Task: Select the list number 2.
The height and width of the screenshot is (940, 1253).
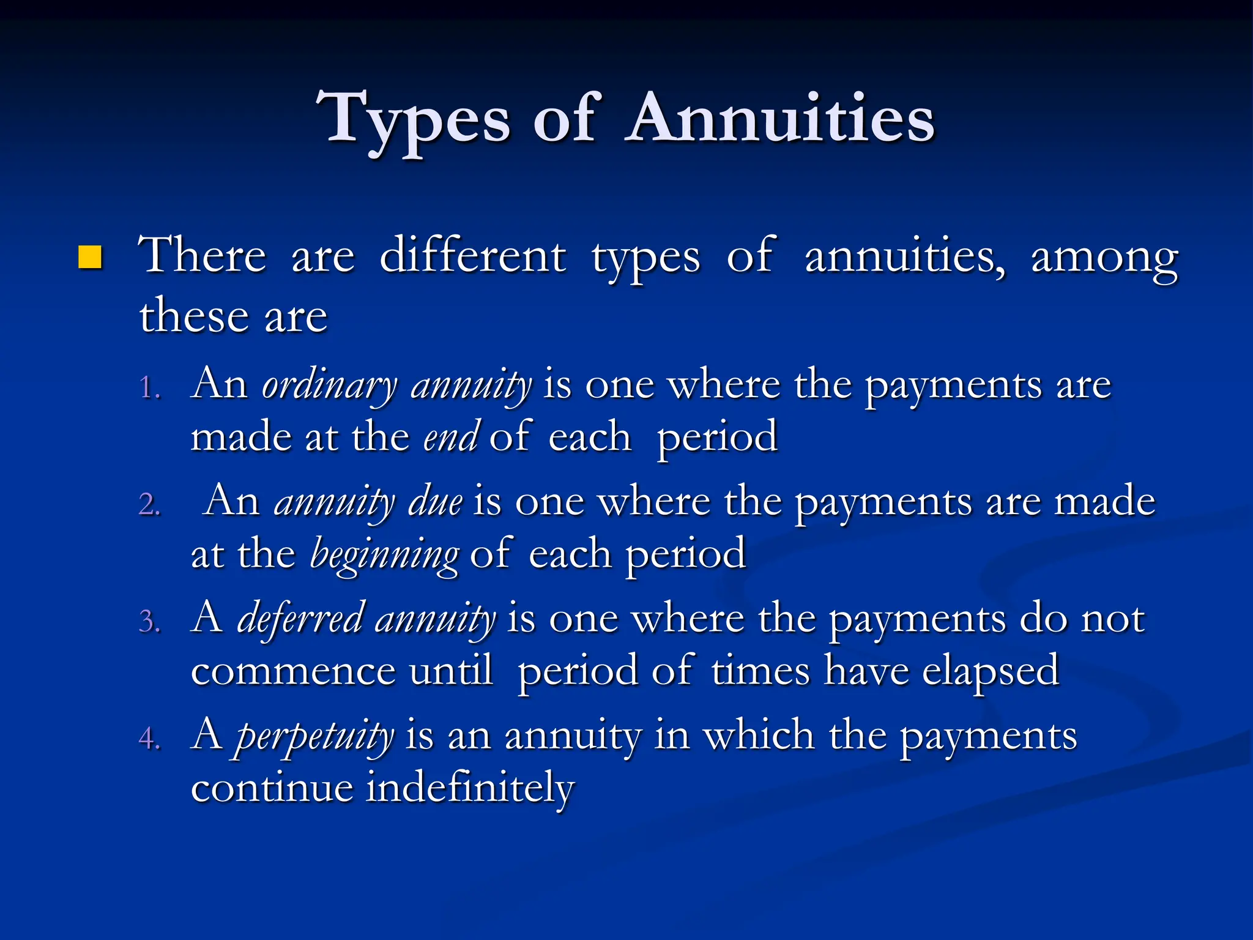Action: pos(149,505)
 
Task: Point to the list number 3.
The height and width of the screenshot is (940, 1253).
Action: pos(149,622)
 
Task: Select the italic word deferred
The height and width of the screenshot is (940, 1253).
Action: pos(301,619)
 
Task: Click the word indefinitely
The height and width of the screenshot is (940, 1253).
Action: pos(470,788)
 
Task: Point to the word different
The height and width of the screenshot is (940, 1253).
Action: pos(472,255)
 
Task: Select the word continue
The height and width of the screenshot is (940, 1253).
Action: pos(272,788)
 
